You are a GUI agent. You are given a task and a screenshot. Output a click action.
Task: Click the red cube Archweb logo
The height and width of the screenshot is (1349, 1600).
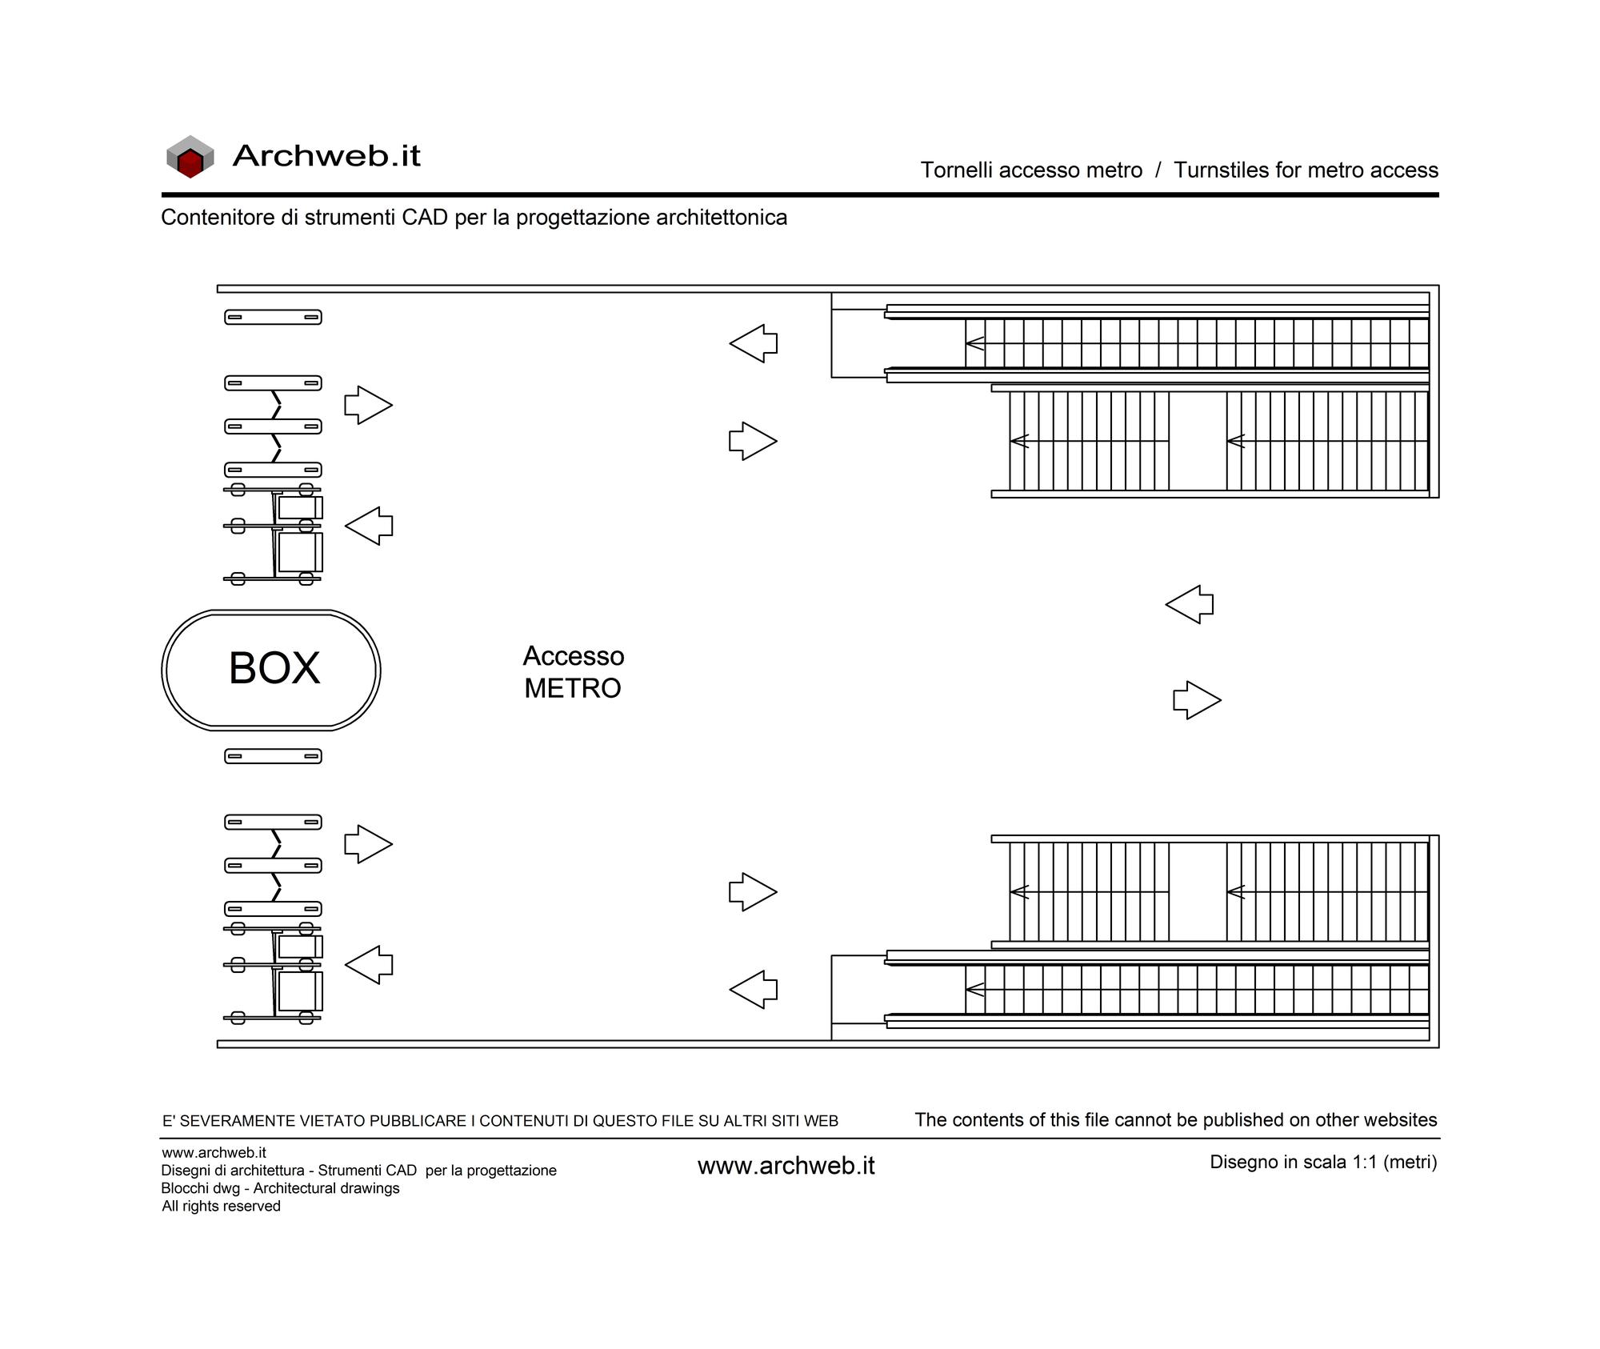[190, 156]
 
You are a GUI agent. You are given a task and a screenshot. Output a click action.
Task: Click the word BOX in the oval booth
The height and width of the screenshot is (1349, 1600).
[274, 668]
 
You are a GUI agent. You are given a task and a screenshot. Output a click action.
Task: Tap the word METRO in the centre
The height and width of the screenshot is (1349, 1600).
[573, 688]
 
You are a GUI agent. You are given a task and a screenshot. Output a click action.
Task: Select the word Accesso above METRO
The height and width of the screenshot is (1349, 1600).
[574, 656]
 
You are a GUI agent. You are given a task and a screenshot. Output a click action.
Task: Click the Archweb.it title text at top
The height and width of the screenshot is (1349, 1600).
[326, 155]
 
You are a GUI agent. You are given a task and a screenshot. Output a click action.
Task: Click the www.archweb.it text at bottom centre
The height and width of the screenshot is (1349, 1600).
[786, 1166]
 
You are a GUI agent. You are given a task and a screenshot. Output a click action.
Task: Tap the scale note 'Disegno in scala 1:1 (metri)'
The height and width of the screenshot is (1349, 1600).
[1323, 1162]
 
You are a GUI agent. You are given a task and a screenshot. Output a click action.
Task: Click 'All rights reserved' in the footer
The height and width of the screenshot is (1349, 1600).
[221, 1206]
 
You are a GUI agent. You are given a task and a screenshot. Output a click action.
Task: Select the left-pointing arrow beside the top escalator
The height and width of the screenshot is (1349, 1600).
[754, 343]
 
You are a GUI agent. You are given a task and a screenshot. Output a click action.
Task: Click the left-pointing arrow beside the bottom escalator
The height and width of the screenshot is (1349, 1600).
[754, 990]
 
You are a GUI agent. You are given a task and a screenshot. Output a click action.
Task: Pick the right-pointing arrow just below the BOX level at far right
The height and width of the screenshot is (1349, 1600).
[1198, 700]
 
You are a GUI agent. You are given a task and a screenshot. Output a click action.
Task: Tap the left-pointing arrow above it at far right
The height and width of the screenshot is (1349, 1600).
[1190, 604]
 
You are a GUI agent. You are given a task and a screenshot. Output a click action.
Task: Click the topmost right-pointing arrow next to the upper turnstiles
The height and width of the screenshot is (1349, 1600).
[369, 405]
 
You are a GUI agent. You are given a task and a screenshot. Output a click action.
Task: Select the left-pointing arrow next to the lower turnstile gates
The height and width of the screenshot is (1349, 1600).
[369, 965]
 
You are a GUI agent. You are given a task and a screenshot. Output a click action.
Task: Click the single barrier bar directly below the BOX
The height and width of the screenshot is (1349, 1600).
[273, 756]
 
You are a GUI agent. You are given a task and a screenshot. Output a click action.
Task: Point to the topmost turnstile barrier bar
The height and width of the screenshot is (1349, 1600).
[273, 318]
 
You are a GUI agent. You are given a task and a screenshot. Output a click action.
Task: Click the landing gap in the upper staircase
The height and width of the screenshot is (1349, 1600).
[1198, 441]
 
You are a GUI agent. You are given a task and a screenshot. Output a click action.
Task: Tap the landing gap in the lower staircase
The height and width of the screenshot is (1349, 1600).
[1198, 891]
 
